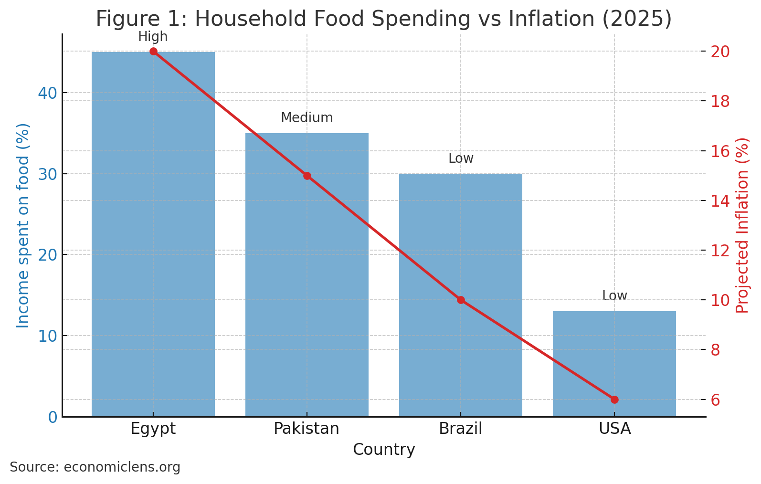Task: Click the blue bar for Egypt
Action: [153, 234]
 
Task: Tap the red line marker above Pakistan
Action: [307, 176]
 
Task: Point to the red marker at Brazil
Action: [461, 300]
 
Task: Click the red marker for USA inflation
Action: [614, 400]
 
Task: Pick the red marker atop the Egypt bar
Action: [153, 52]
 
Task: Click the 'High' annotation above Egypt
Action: [153, 37]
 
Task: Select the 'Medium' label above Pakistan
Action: [307, 118]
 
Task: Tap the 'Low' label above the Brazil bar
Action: [461, 158]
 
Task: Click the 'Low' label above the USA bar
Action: [614, 296]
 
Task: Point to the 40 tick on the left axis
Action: [47, 93]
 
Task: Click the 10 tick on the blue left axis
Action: [47, 336]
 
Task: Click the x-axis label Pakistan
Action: [306, 429]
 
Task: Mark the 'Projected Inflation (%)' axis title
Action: [742, 225]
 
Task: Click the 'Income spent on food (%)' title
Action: [23, 225]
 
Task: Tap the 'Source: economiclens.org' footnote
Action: [95, 467]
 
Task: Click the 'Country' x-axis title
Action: [384, 450]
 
